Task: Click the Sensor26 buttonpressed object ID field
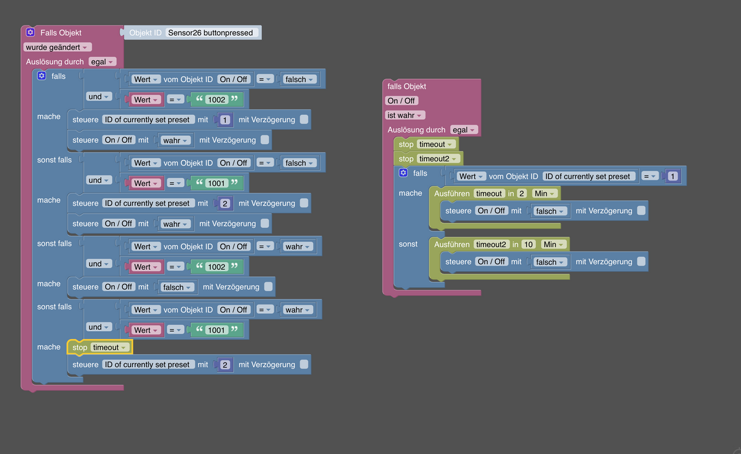[211, 33]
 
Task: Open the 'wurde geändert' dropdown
[57, 48]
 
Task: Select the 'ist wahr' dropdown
[405, 115]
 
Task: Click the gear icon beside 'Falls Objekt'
[30, 32]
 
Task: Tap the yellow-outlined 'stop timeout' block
[99, 347]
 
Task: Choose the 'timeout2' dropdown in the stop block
[438, 159]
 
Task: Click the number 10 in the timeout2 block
[529, 245]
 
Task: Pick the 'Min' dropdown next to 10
[554, 245]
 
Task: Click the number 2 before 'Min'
[522, 193]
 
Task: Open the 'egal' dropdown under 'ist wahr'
[464, 130]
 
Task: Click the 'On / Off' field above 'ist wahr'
[401, 101]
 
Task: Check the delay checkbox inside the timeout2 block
[641, 261]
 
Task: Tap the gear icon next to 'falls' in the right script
[403, 173]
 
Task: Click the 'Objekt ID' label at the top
[145, 33]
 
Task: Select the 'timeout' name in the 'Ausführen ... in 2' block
[489, 193]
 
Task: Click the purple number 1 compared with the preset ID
[672, 176]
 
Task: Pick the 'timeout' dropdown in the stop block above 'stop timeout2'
[436, 145]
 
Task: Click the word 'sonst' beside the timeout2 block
[408, 244]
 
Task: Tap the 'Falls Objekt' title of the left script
[61, 33]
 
